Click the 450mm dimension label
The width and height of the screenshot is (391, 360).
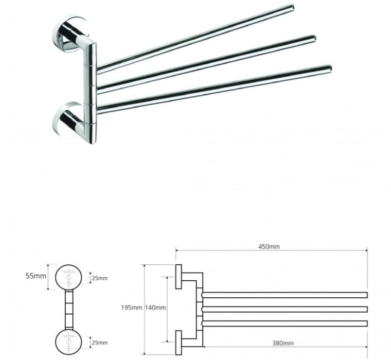coord(269,246)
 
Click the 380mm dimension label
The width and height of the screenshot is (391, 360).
coord(283,344)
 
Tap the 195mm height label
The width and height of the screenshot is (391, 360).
coord(132,308)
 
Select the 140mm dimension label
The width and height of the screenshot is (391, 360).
coord(155,308)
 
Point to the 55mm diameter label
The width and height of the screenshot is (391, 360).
coord(36,276)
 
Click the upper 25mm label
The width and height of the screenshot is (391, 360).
coord(100,278)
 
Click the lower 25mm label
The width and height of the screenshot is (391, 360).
coord(100,343)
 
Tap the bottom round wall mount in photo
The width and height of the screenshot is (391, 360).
coord(67,120)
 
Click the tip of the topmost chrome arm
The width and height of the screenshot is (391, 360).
coord(292,8)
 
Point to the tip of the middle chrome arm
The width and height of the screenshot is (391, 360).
coord(314,39)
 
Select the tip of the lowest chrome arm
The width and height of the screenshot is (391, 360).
coord(329,68)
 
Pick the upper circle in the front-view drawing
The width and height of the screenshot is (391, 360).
coord(68,278)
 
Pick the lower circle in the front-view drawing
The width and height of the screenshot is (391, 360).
coord(68,342)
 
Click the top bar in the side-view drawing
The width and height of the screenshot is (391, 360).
coord(285,295)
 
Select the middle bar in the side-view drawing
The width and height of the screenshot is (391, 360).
coord(285,309)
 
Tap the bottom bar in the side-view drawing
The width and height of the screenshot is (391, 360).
coord(285,323)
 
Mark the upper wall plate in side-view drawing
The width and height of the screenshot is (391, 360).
coord(179,277)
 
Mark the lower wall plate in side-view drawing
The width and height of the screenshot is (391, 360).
coord(179,343)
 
